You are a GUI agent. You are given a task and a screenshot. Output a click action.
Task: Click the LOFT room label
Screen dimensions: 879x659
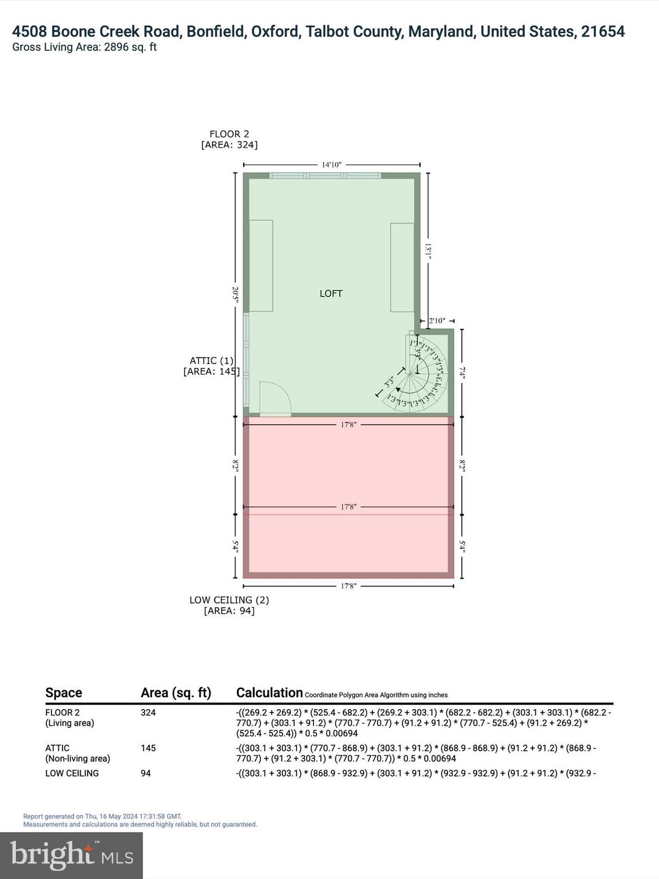(x=331, y=294)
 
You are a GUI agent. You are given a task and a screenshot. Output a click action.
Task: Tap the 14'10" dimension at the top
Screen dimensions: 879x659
(x=331, y=165)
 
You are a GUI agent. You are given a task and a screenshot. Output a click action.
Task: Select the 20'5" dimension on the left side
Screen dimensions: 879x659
(x=235, y=295)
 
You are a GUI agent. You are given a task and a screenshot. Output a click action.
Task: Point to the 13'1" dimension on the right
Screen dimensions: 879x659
(x=428, y=251)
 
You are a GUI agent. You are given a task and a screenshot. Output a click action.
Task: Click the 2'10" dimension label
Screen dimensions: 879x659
(x=436, y=321)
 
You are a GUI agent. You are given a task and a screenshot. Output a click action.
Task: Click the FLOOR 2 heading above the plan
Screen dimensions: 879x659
(x=229, y=134)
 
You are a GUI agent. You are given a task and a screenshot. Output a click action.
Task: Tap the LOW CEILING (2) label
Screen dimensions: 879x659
(x=229, y=600)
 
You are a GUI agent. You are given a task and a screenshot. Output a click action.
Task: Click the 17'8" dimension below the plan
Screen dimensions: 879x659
(x=348, y=586)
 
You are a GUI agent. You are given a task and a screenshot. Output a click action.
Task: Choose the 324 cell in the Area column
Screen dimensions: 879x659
(x=149, y=712)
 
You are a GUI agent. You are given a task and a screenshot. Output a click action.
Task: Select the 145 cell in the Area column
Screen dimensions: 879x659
(x=149, y=748)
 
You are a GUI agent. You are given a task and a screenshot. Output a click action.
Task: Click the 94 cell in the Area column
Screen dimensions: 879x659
(x=146, y=773)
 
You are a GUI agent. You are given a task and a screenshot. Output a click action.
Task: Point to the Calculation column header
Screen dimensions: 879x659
(x=269, y=692)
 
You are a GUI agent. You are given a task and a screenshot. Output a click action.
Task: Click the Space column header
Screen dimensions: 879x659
(x=63, y=692)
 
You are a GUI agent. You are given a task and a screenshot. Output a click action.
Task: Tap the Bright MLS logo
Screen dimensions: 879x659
(x=72, y=855)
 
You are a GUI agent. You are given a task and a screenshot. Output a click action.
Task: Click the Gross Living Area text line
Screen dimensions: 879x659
(x=84, y=47)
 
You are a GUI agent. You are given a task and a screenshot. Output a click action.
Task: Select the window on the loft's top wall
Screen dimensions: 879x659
(x=325, y=176)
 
